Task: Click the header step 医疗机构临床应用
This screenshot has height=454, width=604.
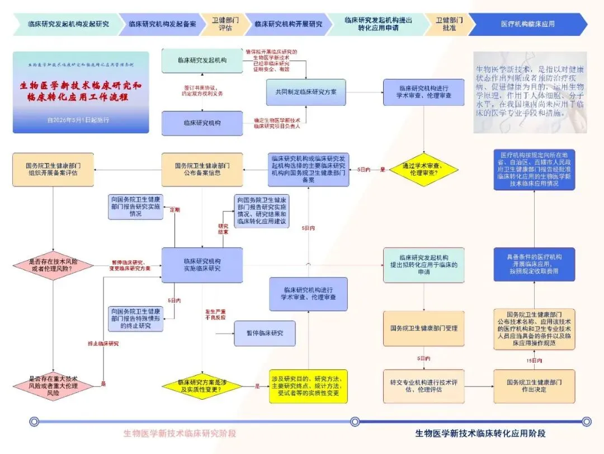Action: pyautogui.click(x=527, y=24)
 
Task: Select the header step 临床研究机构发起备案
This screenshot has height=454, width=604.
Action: pyautogui.click(x=162, y=24)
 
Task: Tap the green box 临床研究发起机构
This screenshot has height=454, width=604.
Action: pyautogui.click(x=202, y=60)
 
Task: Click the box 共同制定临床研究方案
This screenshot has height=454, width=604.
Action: pyautogui.click(x=306, y=91)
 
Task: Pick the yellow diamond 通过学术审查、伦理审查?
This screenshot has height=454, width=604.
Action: pyautogui.click(x=424, y=170)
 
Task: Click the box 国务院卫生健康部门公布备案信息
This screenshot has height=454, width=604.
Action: pyautogui.click(x=202, y=170)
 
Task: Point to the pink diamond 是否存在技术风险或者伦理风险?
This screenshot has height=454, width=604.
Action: pyautogui.click(x=54, y=265)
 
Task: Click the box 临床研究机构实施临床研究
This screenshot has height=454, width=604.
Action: pyautogui.click(x=202, y=265)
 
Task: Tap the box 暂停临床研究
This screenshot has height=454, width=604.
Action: pyautogui.click(x=265, y=333)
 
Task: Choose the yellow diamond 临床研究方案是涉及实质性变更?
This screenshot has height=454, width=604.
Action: pyautogui.click(x=202, y=386)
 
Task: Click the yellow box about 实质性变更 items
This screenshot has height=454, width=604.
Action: pyautogui.click(x=308, y=386)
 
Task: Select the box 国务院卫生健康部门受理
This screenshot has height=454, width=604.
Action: pyautogui.click(x=423, y=328)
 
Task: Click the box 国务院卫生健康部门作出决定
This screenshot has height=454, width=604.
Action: pyautogui.click(x=534, y=386)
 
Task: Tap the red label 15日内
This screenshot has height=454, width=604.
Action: pyautogui.click(x=534, y=360)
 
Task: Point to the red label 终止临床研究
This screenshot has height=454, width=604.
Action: pyautogui.click(x=103, y=343)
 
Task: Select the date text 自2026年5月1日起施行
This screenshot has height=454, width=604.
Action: pyautogui.click(x=78, y=120)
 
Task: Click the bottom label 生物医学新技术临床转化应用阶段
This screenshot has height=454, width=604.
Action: pyautogui.click(x=480, y=433)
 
